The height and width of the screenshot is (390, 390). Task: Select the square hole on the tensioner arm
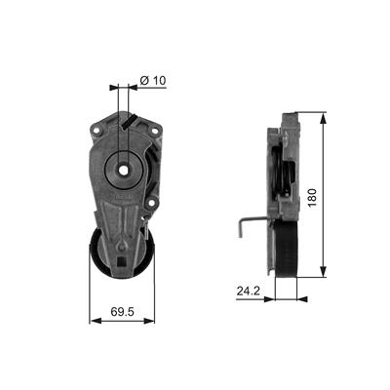tap(122, 260)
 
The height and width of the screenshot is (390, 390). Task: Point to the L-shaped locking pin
tap(249, 225)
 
